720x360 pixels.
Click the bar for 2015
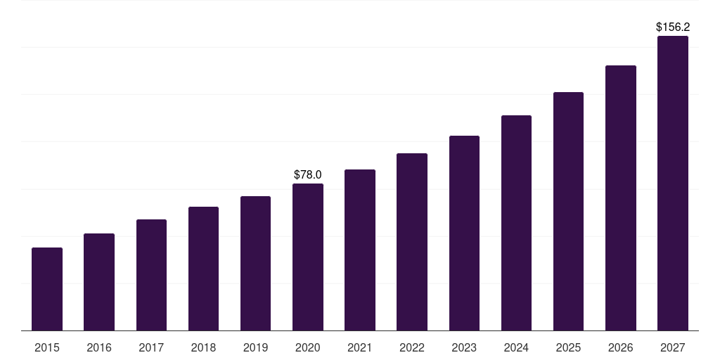(47, 289)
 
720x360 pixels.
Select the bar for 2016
(99, 282)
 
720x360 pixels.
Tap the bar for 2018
(203, 269)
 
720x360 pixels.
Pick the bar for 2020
(308, 257)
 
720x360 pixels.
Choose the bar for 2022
(412, 242)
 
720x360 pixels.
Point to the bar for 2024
(516, 223)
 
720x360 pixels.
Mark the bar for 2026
(621, 198)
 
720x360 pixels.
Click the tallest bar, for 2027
(673, 184)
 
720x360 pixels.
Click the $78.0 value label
(308, 174)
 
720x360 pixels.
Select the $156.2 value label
(673, 27)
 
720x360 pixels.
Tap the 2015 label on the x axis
(47, 347)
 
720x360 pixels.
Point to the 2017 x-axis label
(151, 347)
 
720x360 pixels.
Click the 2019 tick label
(255, 347)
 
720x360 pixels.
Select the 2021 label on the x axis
(360, 347)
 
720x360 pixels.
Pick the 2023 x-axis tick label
(464, 347)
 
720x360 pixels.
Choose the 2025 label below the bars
(568, 347)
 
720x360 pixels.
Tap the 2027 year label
(673, 347)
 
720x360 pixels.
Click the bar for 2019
(255, 264)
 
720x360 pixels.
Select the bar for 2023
(464, 233)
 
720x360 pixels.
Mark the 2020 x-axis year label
(308, 347)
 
